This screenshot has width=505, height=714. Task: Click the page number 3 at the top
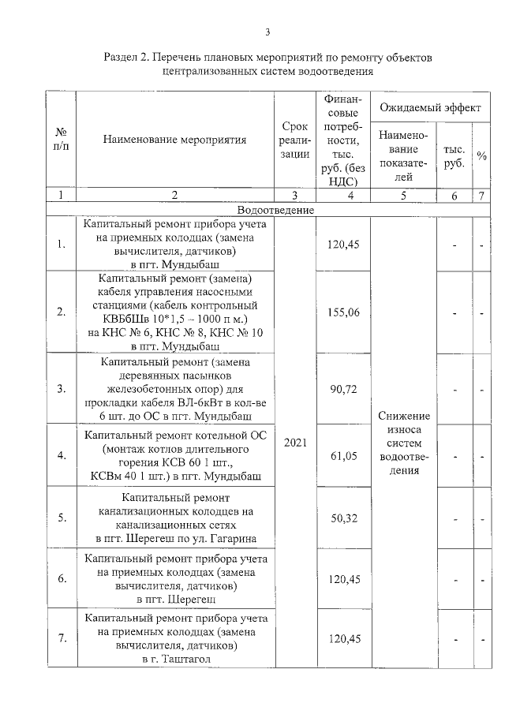coord(267,32)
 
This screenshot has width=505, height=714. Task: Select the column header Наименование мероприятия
coord(174,140)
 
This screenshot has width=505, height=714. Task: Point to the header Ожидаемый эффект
coord(429,107)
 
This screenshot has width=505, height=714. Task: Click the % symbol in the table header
coord(481,156)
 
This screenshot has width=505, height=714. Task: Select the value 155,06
coord(343,312)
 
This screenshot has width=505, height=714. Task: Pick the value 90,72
coord(343,389)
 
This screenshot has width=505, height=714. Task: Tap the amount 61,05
coord(343,455)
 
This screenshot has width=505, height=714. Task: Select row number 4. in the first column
coord(61,455)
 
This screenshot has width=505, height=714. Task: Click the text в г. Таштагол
coord(176,657)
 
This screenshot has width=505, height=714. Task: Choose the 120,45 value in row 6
coord(343,579)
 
